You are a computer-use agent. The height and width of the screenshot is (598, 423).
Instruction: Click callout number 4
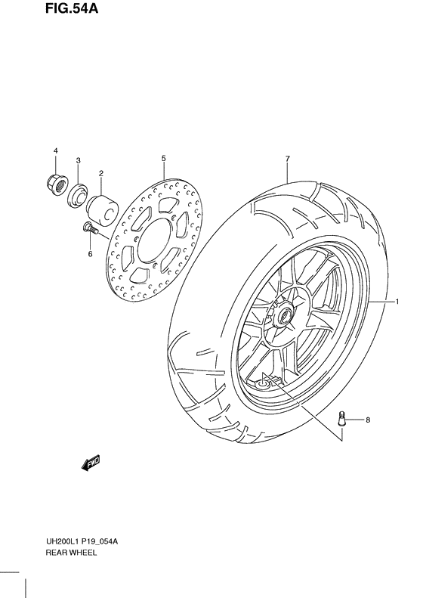coord(55,151)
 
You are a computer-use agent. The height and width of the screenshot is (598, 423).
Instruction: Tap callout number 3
coord(78,160)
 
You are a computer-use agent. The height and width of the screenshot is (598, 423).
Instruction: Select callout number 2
coord(100,173)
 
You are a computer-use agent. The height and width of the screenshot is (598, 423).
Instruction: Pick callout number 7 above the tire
coord(288,158)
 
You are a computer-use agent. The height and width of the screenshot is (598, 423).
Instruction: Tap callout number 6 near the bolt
coord(90,254)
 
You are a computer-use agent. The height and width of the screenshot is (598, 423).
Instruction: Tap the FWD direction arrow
coord(90,463)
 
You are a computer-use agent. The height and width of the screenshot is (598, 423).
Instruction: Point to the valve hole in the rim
coord(261,385)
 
